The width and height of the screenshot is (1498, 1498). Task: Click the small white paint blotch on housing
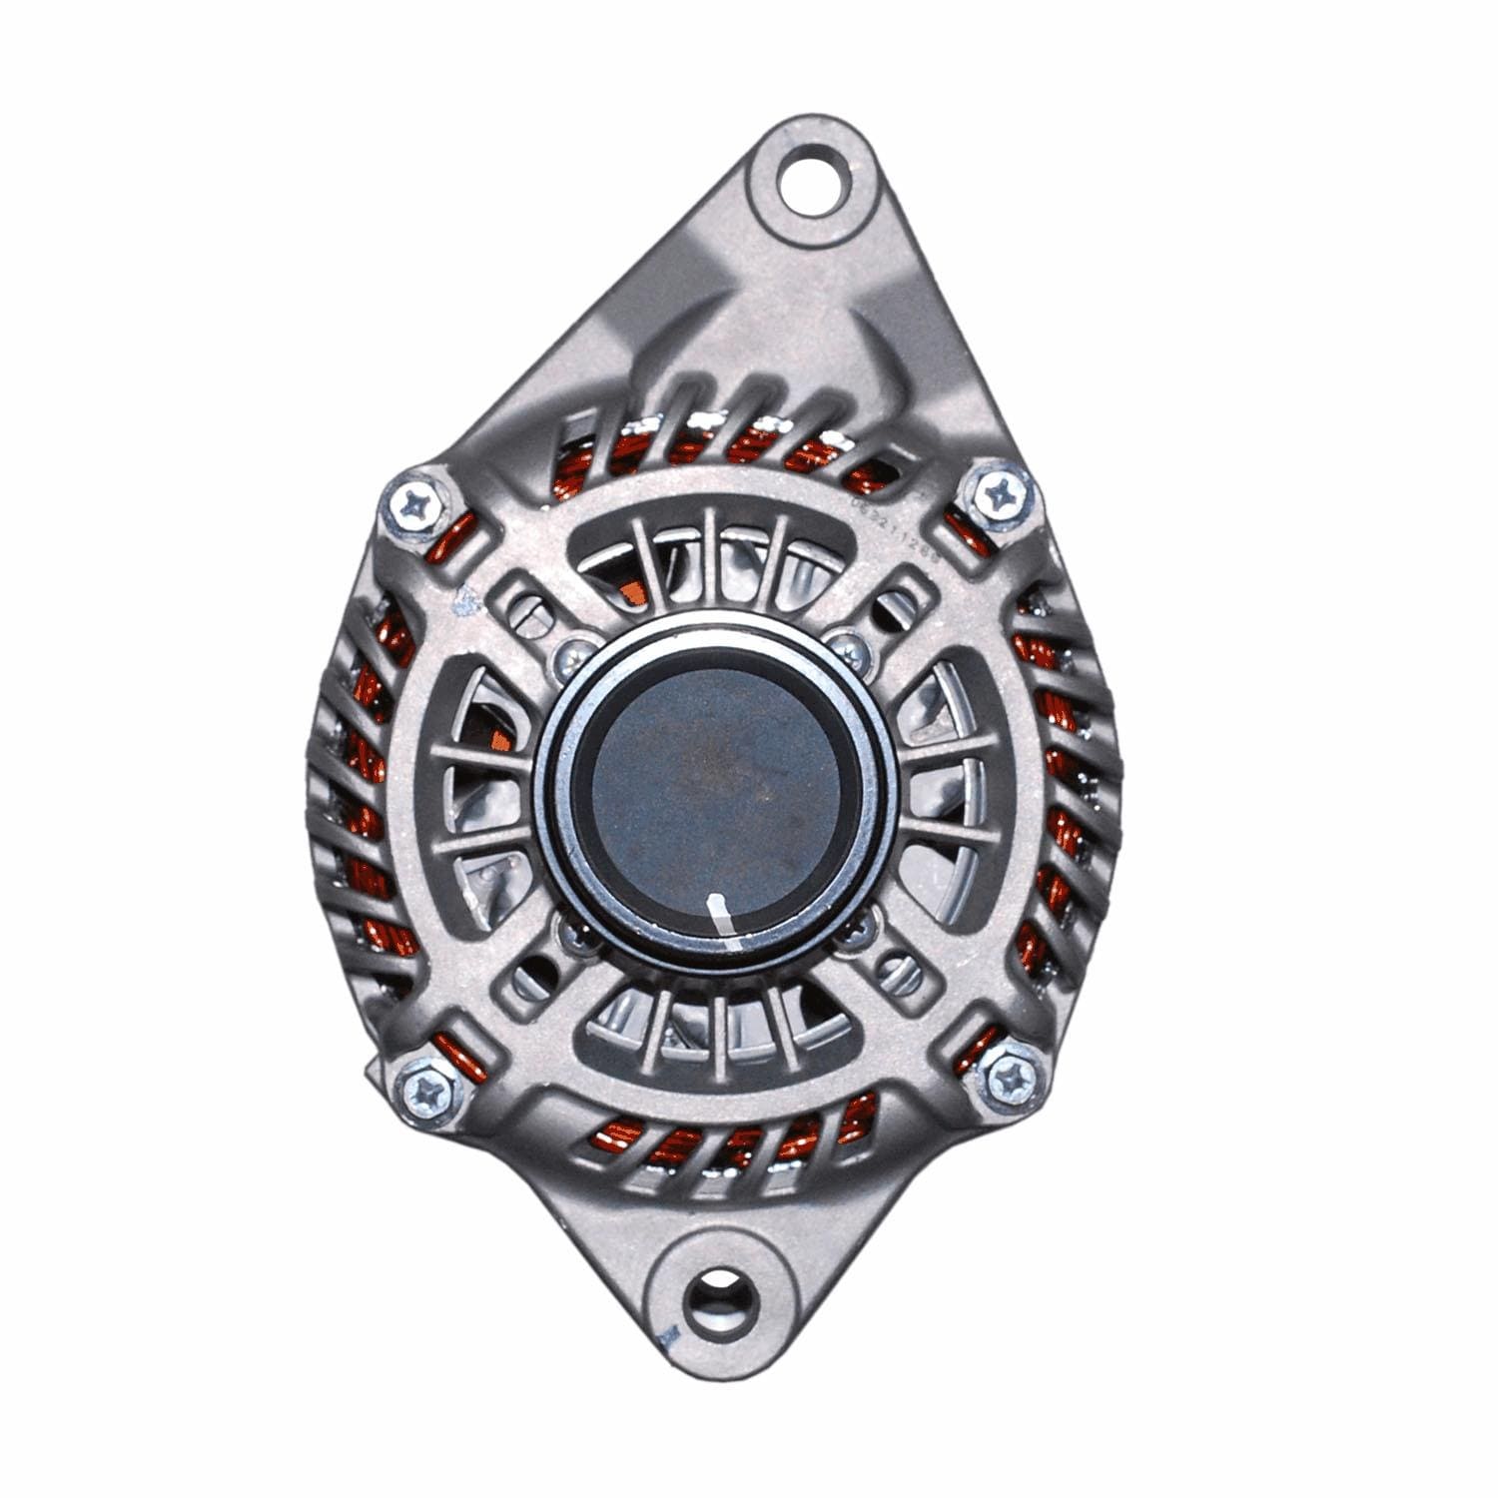point(462,601)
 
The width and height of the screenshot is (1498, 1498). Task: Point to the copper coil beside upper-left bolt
point(449,544)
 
